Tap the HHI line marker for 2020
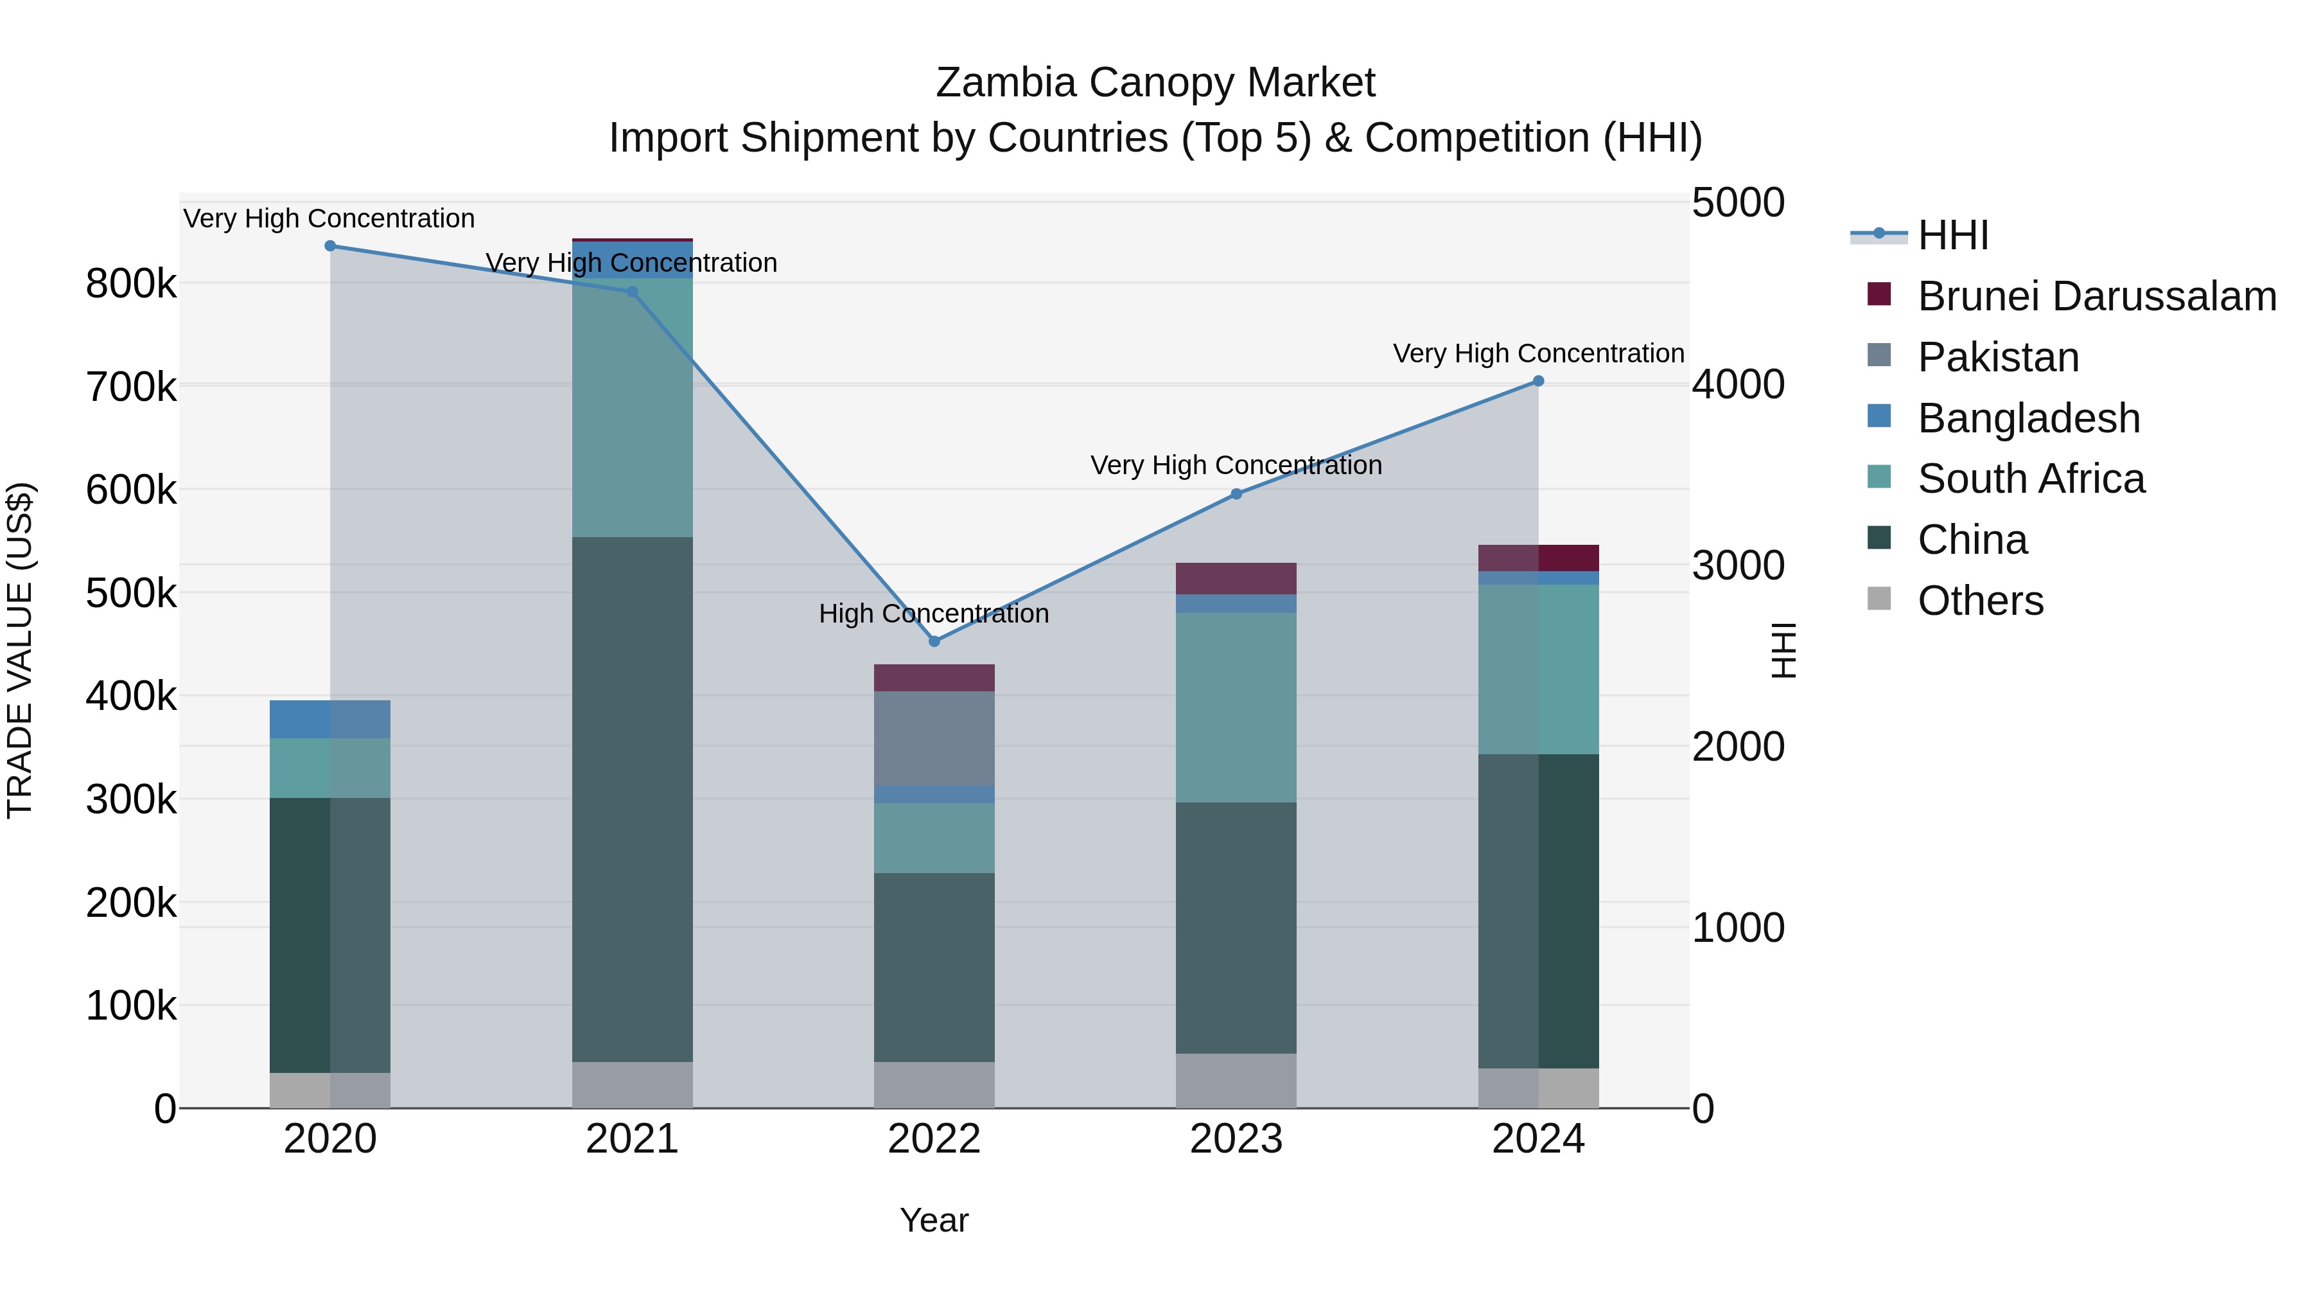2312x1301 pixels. tap(330, 246)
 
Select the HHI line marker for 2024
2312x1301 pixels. tap(1537, 382)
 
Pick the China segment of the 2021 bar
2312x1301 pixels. tap(632, 799)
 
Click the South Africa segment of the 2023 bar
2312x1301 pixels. tap(1236, 707)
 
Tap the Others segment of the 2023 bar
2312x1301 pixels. tap(1236, 1081)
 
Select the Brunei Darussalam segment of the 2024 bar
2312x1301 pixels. tap(1538, 558)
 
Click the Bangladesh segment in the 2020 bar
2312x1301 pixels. tap(330, 719)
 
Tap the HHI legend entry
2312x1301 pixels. tap(1952, 235)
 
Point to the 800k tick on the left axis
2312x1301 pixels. tap(131, 285)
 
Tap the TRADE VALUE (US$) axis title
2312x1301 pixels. tap(20, 650)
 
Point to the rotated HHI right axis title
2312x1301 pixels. tap(1783, 650)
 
